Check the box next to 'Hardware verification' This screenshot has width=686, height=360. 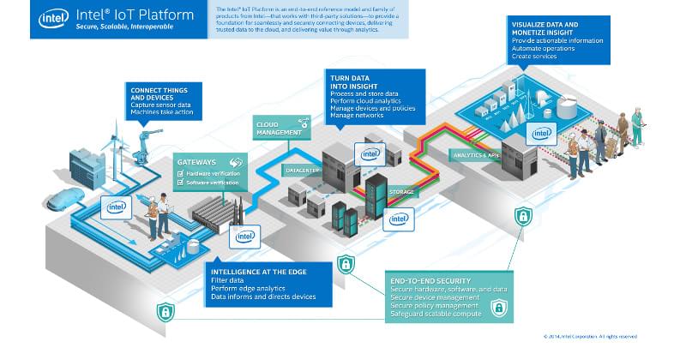tap(181, 172)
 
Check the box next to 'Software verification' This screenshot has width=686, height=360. tap(181, 182)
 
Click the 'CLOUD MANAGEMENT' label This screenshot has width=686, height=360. tap(278, 129)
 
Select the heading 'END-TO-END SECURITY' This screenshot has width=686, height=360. tap(428, 281)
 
